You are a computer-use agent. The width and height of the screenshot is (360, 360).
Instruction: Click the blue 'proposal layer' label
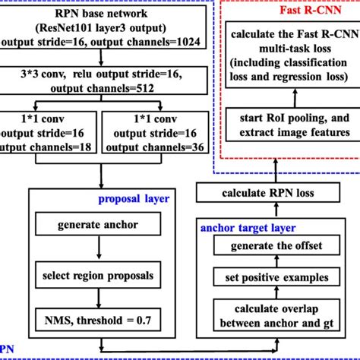pos(133,200)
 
